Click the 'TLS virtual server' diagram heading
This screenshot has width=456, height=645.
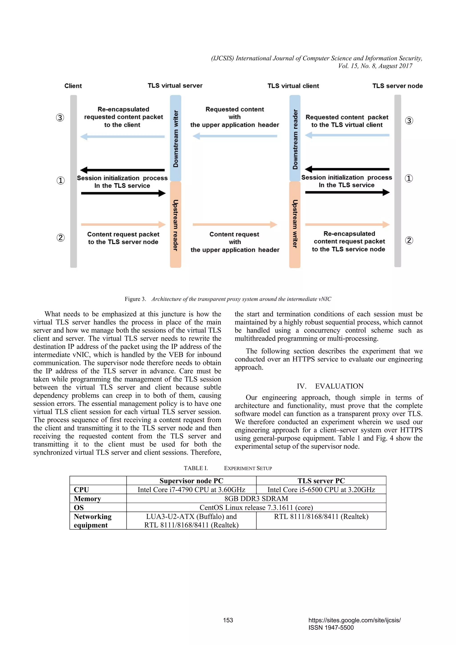(x=175, y=86)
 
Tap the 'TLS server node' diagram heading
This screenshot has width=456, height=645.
(x=397, y=86)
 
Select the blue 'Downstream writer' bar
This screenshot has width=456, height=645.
(x=176, y=138)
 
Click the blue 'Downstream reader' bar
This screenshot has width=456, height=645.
(x=295, y=138)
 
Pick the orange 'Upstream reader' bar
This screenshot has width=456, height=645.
(x=176, y=224)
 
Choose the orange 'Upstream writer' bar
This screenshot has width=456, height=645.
(x=295, y=224)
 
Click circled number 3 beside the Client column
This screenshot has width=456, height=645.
(x=60, y=117)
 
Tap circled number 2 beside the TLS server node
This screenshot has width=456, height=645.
(x=409, y=240)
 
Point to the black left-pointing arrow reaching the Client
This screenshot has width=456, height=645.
(x=122, y=170)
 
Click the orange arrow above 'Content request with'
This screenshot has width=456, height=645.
(x=235, y=224)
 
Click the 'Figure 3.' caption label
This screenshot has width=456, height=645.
(x=135, y=299)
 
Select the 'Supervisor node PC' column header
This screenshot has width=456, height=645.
(x=191, y=481)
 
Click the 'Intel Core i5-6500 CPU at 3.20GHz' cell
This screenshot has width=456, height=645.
(x=321, y=490)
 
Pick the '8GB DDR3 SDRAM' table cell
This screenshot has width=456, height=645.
(x=256, y=499)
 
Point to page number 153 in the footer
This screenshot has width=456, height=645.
(x=228, y=620)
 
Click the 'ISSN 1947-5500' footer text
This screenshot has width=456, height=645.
(x=331, y=628)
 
